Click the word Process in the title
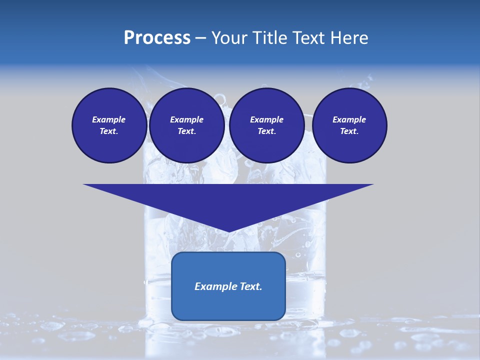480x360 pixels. point(157,38)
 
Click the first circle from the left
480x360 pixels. point(109,125)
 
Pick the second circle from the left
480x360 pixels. point(186,125)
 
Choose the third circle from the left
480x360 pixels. point(266,125)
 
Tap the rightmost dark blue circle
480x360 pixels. point(349,125)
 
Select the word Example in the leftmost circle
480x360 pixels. point(109,119)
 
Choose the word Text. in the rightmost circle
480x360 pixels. point(349,131)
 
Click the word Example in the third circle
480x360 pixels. point(266,119)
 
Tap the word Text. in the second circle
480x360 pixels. point(186,131)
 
